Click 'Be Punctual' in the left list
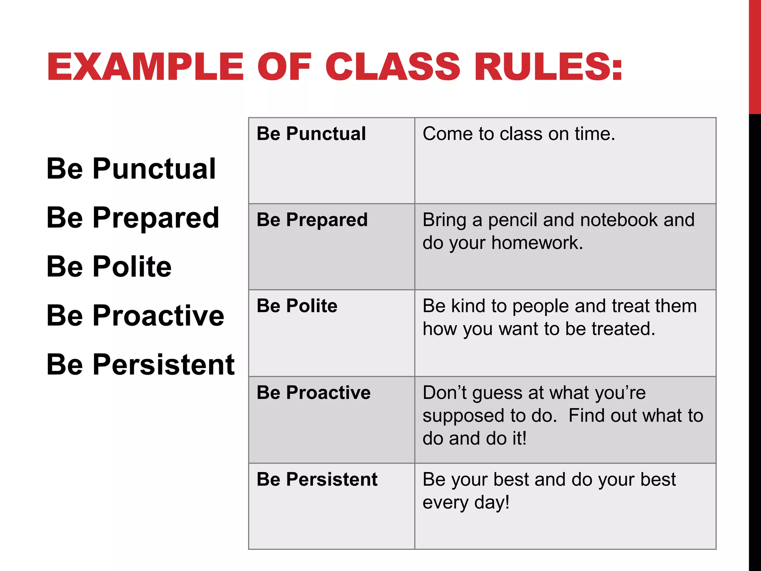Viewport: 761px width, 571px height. (131, 169)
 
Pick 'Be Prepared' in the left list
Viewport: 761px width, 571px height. (133, 218)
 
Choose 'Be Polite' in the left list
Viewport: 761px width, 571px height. (109, 267)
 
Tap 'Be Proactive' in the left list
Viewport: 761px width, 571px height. (135, 316)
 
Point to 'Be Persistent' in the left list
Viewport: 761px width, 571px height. (140, 364)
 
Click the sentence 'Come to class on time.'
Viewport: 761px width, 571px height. (519, 134)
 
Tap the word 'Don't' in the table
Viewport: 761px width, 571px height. (444, 393)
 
